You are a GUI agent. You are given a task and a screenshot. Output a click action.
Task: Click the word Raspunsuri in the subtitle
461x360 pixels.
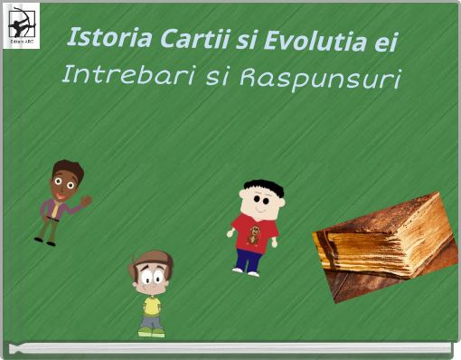pos(320,79)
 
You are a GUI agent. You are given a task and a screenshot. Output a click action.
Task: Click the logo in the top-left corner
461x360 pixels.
pos(22,24)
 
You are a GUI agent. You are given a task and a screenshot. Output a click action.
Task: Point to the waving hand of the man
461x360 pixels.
pos(87,200)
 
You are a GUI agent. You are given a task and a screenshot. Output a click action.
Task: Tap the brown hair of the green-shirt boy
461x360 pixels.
pos(149,262)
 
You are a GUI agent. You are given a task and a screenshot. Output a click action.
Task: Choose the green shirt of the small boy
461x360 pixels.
pos(152,307)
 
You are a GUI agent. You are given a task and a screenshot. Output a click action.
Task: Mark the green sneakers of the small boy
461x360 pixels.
pos(151,332)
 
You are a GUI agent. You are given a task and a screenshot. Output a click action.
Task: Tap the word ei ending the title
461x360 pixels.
pos(386,43)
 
